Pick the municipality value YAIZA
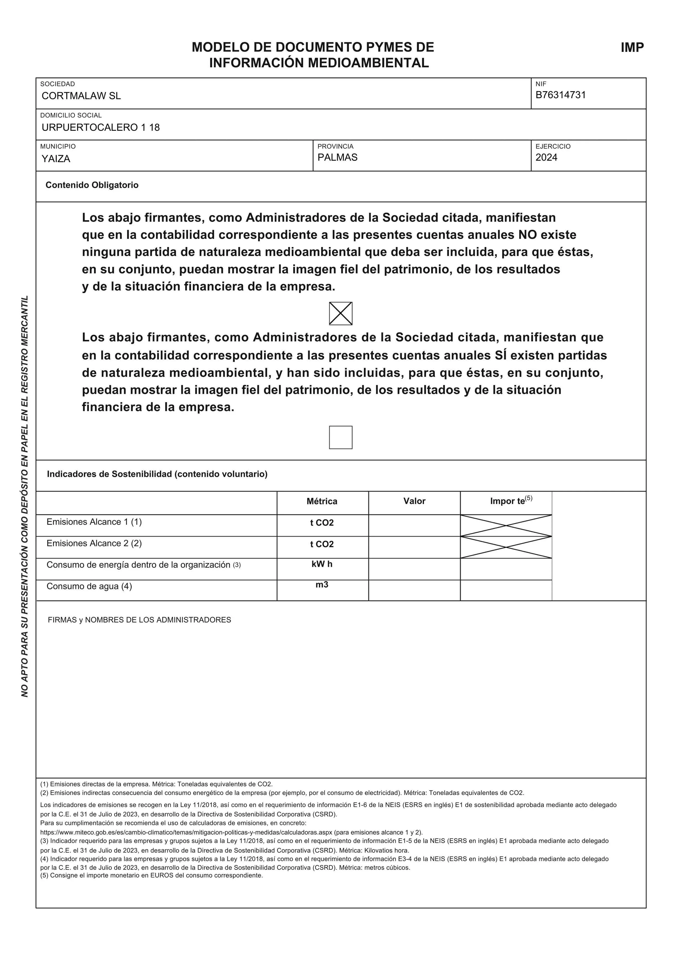(56, 159)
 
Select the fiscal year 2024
(546, 158)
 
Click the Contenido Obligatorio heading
(92, 185)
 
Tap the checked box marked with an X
(340, 314)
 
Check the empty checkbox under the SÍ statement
(340, 437)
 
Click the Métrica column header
(322, 501)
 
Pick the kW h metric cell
(322, 564)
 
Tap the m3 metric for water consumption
(322, 585)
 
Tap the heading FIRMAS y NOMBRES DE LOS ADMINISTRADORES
(139, 620)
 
